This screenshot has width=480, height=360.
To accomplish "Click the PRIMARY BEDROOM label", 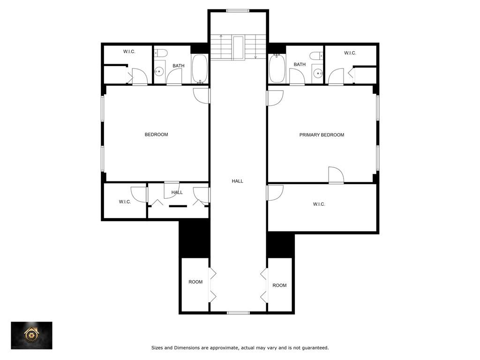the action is [322, 135].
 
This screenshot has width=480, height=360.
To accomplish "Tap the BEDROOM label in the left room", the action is [156, 135].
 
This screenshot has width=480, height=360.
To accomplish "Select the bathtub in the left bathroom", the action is [200, 68].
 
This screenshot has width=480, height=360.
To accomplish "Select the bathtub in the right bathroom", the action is [277, 68].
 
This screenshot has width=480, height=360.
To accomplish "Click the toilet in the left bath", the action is [161, 53].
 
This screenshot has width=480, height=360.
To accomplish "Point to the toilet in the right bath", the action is [316, 56].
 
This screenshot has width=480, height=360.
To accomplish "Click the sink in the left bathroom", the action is [159, 72].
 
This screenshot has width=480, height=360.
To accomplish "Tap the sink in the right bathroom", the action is [318, 74].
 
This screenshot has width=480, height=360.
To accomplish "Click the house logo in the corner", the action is [31, 335].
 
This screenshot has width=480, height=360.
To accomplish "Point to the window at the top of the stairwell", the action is [238, 11].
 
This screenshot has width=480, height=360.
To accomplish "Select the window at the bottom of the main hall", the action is [238, 313].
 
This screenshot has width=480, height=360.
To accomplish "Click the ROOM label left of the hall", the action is [195, 282].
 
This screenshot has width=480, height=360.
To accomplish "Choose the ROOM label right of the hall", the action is [279, 285].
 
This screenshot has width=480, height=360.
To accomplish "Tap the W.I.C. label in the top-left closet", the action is [129, 52].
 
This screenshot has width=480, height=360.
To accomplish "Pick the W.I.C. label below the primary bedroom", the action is [319, 204].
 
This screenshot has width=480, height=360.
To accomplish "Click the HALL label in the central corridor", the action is [237, 181].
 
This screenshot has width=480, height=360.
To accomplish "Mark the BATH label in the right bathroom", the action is [300, 65].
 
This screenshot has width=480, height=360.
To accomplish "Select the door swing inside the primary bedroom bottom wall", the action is [336, 175].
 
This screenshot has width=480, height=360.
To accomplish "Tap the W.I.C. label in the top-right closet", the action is [350, 53].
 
